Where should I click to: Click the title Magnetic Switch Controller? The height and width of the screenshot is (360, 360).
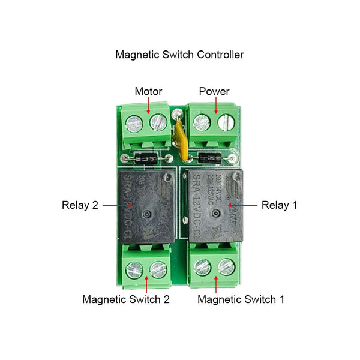[x=179, y=55]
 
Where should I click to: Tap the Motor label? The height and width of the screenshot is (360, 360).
[x=148, y=92]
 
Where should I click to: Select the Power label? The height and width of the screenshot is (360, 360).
[x=214, y=92]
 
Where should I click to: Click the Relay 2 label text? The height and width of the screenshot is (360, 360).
[x=80, y=205]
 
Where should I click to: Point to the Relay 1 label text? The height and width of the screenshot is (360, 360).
[x=279, y=205]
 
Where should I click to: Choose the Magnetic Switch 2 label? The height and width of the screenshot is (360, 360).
[x=126, y=299]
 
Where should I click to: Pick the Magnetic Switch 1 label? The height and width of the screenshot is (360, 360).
[x=241, y=299]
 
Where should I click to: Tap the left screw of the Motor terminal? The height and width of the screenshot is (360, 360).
[x=133, y=124]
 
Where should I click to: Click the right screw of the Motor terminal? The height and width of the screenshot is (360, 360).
[x=158, y=123]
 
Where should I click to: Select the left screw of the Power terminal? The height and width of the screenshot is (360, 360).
[x=201, y=123]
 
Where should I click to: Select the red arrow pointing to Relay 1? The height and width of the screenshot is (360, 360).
[x=242, y=205]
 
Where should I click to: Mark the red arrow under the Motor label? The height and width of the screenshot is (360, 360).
[x=149, y=106]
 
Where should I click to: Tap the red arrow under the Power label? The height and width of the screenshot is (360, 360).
[x=215, y=106]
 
